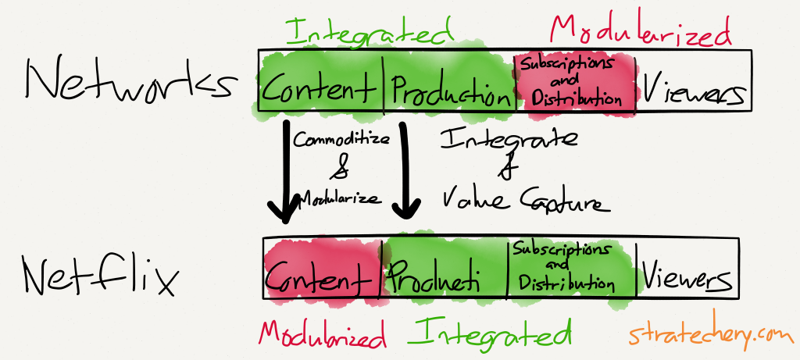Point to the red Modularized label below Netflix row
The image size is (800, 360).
click(x=323, y=333)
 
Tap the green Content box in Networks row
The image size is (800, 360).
click(x=320, y=90)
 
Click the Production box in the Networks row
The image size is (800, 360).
click(x=448, y=91)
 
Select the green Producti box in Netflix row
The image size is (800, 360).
click(x=445, y=276)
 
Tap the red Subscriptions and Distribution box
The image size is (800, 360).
click(x=574, y=80)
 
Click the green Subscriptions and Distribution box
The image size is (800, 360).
click(x=572, y=267)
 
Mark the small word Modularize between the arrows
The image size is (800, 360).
click(x=338, y=199)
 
